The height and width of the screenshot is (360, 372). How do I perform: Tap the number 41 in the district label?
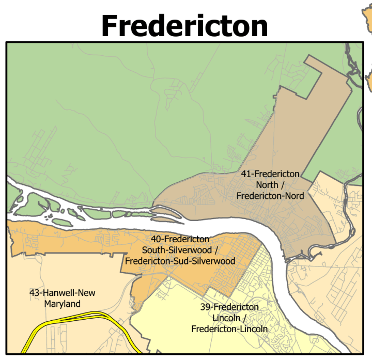pyautogui.click(x=246, y=174)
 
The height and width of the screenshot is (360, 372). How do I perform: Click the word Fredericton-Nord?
pyautogui.click(x=270, y=196)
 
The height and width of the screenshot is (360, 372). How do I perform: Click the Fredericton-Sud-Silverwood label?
pyautogui.click(x=180, y=261)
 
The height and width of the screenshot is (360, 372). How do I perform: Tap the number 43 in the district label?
pyautogui.click(x=35, y=293)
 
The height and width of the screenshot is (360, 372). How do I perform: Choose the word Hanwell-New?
pyautogui.click(x=69, y=293)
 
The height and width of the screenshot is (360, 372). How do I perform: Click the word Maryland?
pyautogui.click(x=62, y=304)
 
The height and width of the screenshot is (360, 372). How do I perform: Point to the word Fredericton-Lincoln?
pyautogui.click(x=229, y=329)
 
